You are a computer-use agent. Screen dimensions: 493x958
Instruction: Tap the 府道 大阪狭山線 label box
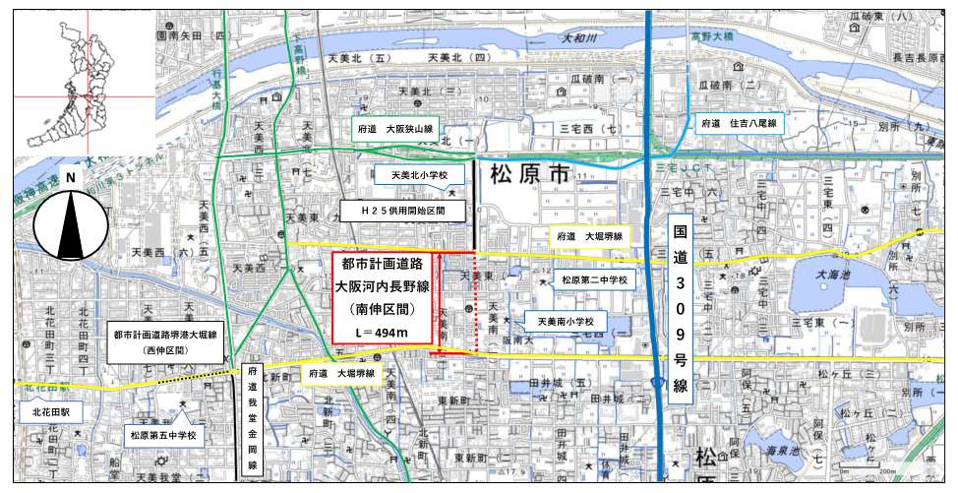pos(396,129)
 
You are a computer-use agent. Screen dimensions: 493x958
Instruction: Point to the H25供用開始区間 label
pos(402,211)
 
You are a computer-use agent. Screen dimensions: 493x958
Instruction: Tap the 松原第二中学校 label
pos(594,280)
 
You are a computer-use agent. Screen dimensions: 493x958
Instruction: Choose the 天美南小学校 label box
pos(559,321)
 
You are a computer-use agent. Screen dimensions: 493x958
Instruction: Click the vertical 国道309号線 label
pos(680,309)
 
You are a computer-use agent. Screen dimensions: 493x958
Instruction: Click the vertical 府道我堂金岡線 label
pos(252,421)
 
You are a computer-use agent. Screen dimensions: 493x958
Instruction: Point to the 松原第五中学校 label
pos(164,434)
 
